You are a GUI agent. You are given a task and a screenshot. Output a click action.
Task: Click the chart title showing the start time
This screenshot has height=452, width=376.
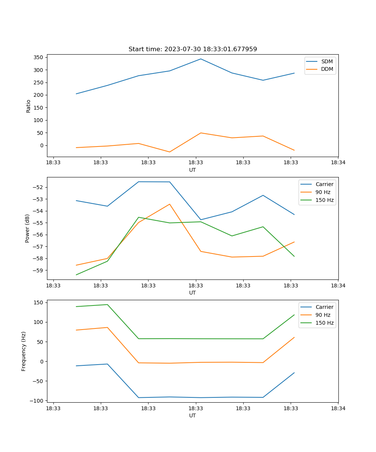193,49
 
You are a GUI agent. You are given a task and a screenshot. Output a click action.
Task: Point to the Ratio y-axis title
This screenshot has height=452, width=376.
29,106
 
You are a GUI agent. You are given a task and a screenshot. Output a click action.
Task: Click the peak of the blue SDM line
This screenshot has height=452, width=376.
201,59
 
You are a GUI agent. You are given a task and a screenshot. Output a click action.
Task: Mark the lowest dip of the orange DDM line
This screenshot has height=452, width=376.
170,152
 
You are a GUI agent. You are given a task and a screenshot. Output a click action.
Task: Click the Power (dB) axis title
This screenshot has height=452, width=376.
27,228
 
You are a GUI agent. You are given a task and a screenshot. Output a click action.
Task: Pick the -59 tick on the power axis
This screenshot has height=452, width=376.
39,270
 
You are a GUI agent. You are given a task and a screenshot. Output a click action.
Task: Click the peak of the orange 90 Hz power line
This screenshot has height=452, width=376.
170,204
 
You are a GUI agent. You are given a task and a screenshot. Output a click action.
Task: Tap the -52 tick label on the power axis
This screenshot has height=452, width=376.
39,187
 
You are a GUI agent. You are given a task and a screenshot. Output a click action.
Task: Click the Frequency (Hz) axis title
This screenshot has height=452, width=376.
24,351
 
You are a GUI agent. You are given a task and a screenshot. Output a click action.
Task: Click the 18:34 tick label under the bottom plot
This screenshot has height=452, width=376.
338,408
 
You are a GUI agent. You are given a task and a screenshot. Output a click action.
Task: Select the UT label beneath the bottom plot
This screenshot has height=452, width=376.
193,415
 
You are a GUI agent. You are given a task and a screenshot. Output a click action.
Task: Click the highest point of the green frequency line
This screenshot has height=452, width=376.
107,304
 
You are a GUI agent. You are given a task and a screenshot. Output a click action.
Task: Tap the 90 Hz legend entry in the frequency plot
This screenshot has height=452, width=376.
323,315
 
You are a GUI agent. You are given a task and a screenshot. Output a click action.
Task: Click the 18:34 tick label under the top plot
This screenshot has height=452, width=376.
338,163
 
